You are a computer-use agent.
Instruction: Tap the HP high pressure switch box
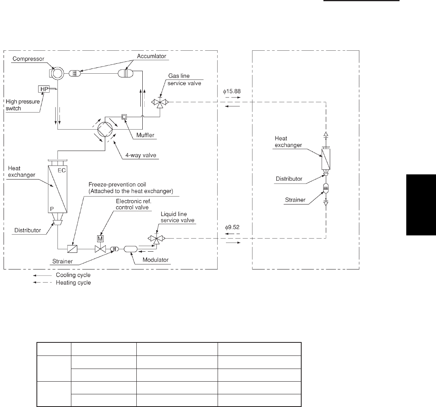tap(44, 89)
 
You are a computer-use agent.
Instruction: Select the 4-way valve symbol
tap(105, 129)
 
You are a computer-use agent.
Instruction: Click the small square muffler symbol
tap(124, 117)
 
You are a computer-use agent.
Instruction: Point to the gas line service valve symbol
tap(160, 103)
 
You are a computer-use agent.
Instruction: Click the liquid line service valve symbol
tap(157, 239)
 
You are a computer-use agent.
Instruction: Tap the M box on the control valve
tap(100, 239)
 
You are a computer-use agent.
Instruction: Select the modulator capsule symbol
tap(130, 249)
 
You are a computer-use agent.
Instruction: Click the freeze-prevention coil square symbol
tap(72, 249)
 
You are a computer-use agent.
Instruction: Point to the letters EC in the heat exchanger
tap(62, 170)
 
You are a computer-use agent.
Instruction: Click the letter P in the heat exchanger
tap(52, 209)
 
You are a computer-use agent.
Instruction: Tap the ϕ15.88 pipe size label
tap(231, 91)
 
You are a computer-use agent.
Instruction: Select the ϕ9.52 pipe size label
tap(232, 227)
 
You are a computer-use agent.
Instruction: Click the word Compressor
tap(29, 59)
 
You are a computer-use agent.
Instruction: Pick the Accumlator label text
tap(151, 56)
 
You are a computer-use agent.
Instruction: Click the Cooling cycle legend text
tap(73, 275)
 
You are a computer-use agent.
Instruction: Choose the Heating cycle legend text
tap(73, 283)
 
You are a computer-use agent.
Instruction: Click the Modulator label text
tap(155, 260)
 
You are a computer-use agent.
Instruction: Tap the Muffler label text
tap(145, 135)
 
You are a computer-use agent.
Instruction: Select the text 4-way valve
tap(141, 155)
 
